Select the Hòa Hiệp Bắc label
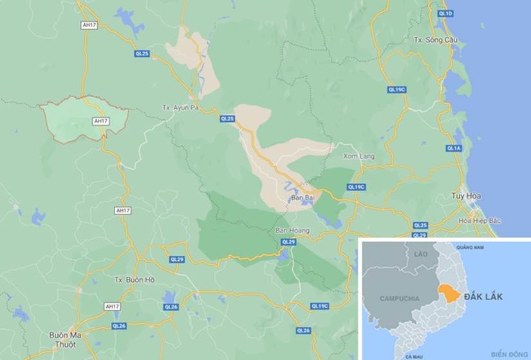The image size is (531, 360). click(x=480, y=221)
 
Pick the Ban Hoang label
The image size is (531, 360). click(x=292, y=231)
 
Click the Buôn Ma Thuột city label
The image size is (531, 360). click(x=62, y=339)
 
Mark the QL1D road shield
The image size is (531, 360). click(x=445, y=14)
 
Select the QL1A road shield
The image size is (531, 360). click(x=454, y=149)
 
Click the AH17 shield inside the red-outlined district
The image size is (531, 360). click(x=101, y=121)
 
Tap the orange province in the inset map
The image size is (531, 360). click(x=448, y=293)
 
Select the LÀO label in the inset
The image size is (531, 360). click(x=422, y=254)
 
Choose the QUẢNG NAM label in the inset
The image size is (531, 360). click(x=469, y=247)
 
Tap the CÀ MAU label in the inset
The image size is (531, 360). click(x=413, y=355)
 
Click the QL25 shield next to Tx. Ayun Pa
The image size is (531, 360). click(x=228, y=118)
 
